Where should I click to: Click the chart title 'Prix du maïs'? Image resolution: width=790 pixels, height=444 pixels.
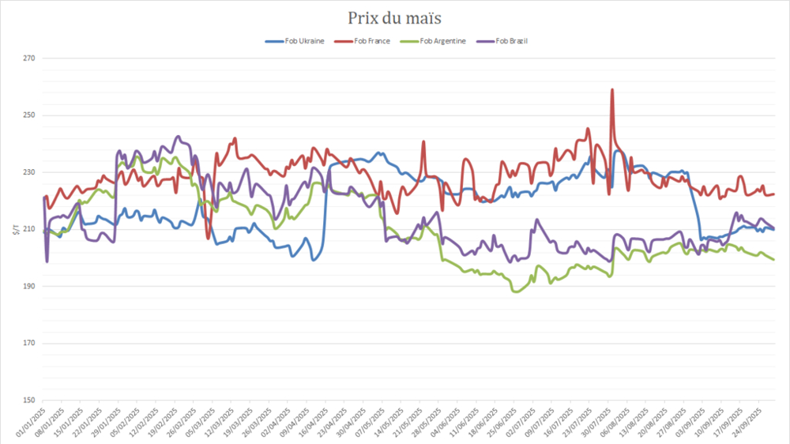click(395, 17)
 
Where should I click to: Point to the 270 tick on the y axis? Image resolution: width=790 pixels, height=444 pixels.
click(30, 58)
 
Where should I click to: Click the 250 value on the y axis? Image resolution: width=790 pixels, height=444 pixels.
click(30, 115)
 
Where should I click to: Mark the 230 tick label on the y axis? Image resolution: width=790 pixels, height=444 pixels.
click(30, 172)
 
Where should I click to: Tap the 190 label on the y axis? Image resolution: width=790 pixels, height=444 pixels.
click(30, 286)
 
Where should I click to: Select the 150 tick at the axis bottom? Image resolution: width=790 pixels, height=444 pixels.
click(30, 400)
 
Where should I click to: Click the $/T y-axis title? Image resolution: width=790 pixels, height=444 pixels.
click(14, 229)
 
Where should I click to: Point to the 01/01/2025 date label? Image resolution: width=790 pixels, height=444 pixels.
click(30, 423)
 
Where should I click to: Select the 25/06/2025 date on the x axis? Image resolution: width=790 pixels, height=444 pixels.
click(506, 423)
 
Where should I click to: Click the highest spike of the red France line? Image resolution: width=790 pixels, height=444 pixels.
click(612, 90)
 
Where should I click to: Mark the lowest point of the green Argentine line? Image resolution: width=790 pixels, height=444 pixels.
click(516, 292)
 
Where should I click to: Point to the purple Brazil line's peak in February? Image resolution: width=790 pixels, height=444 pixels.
click(178, 137)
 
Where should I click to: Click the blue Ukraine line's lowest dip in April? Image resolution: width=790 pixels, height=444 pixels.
click(314, 260)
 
